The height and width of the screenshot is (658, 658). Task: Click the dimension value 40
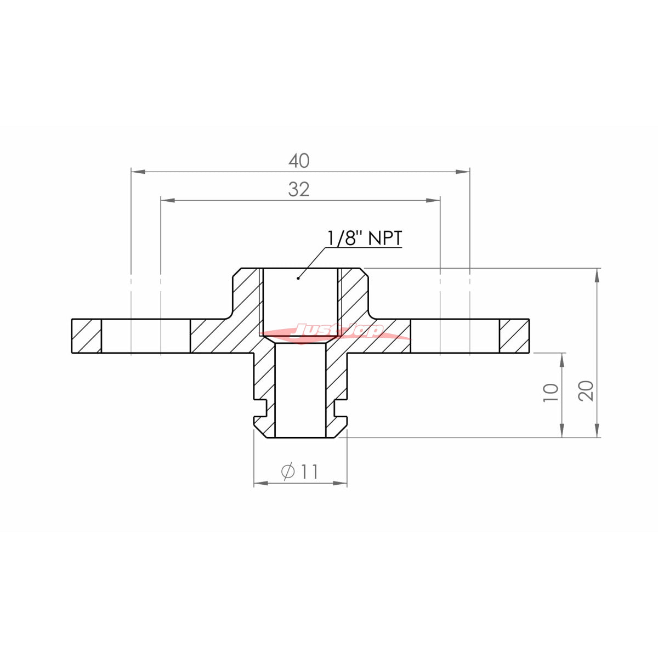click(299, 161)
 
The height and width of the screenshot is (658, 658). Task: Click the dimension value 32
click(299, 190)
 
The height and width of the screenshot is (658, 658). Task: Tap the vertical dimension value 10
click(551, 393)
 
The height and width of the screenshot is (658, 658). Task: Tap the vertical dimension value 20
click(586, 390)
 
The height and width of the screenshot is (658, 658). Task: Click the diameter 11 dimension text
click(299, 472)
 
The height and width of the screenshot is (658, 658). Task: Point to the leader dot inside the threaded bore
click(298, 279)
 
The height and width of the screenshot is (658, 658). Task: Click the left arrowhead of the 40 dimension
click(138, 172)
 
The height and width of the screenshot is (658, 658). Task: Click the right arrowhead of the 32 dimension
click(433, 201)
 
